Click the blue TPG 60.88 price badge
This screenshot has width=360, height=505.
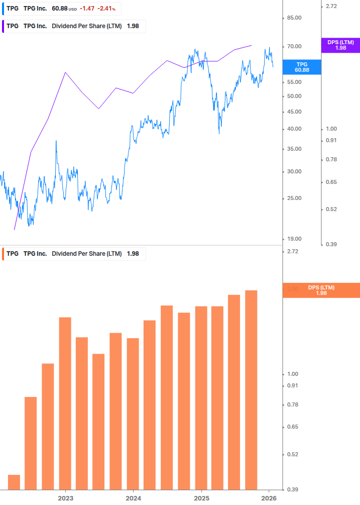[x=301, y=67]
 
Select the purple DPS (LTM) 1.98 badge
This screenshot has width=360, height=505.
[x=340, y=45]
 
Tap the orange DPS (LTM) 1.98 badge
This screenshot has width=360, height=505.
[x=321, y=290]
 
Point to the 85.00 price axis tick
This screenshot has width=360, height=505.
[x=294, y=18]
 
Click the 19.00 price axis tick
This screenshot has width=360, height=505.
[x=294, y=239]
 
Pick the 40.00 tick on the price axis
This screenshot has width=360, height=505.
[x=294, y=129]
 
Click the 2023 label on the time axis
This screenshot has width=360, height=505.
[x=65, y=498]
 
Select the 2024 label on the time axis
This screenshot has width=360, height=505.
[x=133, y=498]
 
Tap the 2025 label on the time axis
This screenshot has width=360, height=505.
[x=201, y=498]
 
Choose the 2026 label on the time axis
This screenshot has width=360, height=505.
[x=269, y=498]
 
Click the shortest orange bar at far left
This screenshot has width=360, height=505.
[x=14, y=482]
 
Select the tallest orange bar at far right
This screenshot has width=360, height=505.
[x=251, y=389]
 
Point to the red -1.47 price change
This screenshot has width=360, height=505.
[x=87, y=9]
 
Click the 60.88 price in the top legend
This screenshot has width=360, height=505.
[x=60, y=9]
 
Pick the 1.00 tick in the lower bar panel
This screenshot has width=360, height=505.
[x=293, y=374]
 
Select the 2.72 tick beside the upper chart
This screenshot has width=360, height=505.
[x=331, y=6]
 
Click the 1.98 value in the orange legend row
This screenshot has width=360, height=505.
[x=133, y=254]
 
